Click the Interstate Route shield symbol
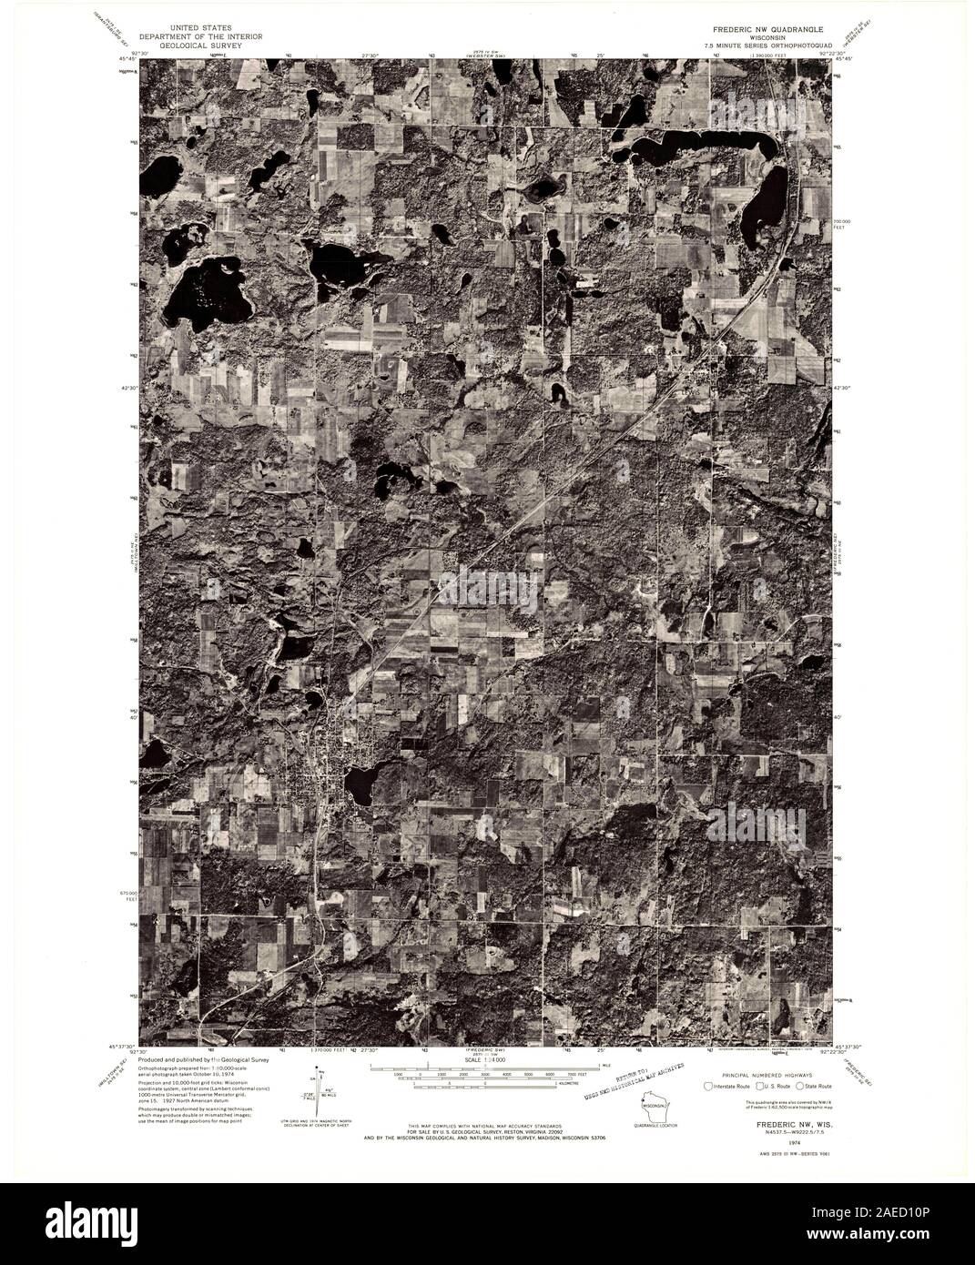coord(710,1086)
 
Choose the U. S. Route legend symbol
coord(756,1086)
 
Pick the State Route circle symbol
coord(799,1086)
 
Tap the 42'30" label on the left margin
coord(127,388)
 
